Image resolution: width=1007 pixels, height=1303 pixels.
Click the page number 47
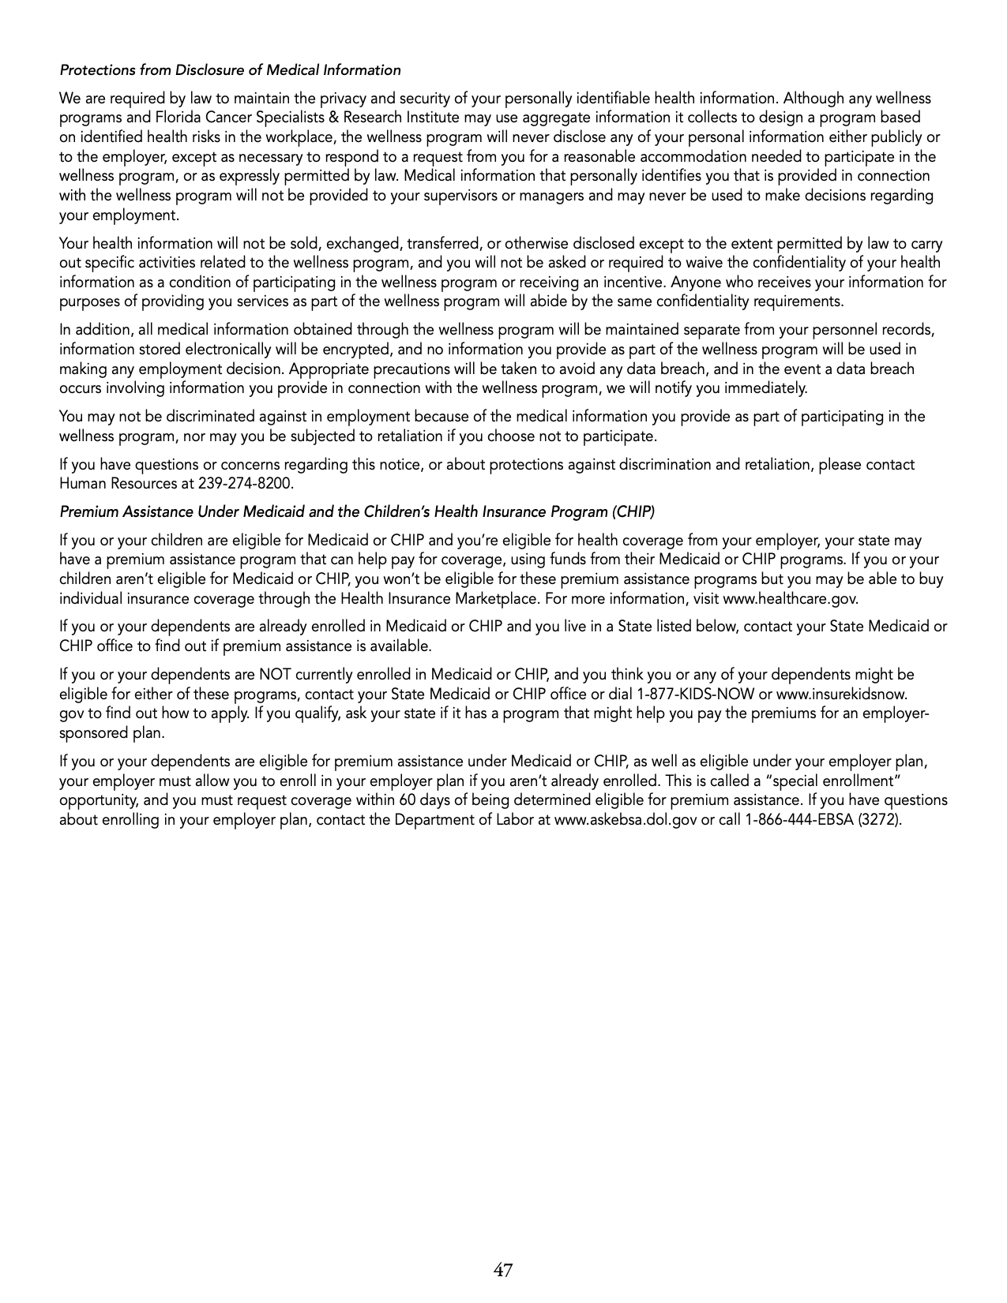(503, 1271)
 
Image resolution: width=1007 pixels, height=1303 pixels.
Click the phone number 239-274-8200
(249, 484)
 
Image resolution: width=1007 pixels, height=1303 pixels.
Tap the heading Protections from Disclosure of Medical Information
(230, 70)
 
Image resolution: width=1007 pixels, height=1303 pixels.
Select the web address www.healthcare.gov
(789, 598)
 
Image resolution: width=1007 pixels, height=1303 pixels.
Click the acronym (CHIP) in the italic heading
(632, 512)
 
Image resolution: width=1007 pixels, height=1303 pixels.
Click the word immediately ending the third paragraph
(765, 388)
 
